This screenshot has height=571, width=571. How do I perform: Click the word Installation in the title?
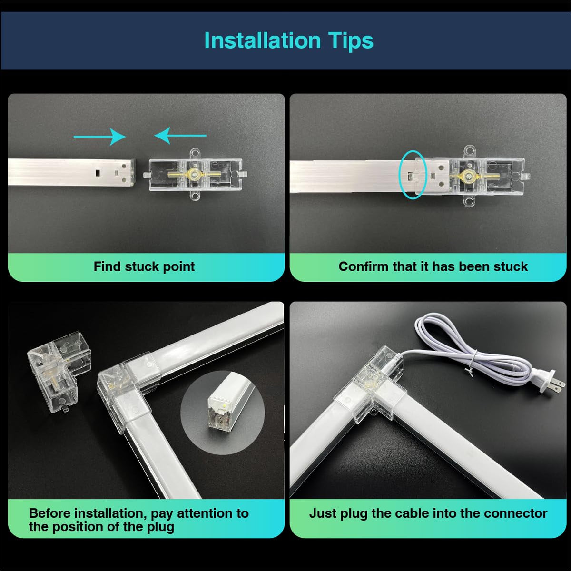263,40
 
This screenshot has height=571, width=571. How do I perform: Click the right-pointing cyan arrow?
100,137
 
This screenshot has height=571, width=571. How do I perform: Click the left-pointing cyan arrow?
180,136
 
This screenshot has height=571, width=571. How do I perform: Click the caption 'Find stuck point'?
144,266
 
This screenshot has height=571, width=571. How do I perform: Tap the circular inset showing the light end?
222,413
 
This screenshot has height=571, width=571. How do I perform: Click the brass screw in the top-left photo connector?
194,174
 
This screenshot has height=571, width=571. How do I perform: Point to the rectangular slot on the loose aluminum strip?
97,172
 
